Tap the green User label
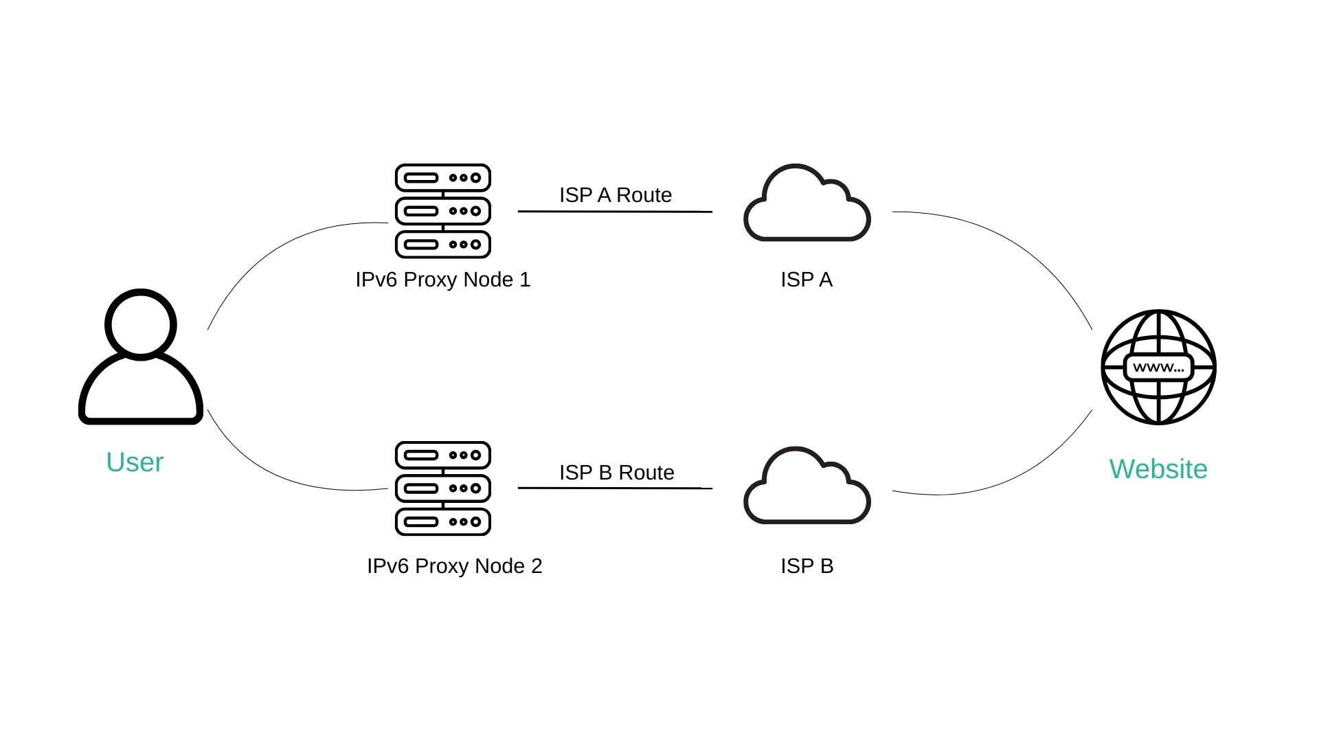(x=135, y=462)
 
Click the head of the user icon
(x=141, y=324)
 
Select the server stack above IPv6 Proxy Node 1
(x=443, y=211)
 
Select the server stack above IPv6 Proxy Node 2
(x=443, y=488)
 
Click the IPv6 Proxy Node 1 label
(x=443, y=280)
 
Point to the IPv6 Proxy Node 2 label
(x=454, y=566)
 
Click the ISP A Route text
(x=615, y=195)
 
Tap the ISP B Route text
(x=616, y=473)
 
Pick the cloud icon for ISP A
(x=807, y=206)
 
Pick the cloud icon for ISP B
(x=807, y=489)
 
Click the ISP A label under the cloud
(x=807, y=280)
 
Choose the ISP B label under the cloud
(x=807, y=566)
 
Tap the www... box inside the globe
(x=1158, y=368)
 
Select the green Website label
(x=1158, y=469)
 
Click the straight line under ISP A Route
(x=615, y=212)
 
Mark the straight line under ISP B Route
(x=615, y=488)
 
